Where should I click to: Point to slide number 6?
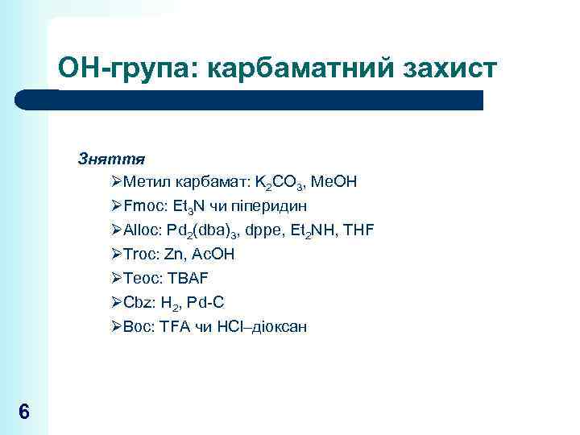[x=24, y=412]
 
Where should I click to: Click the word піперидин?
[x=269, y=206]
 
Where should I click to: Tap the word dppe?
[x=270, y=231]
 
